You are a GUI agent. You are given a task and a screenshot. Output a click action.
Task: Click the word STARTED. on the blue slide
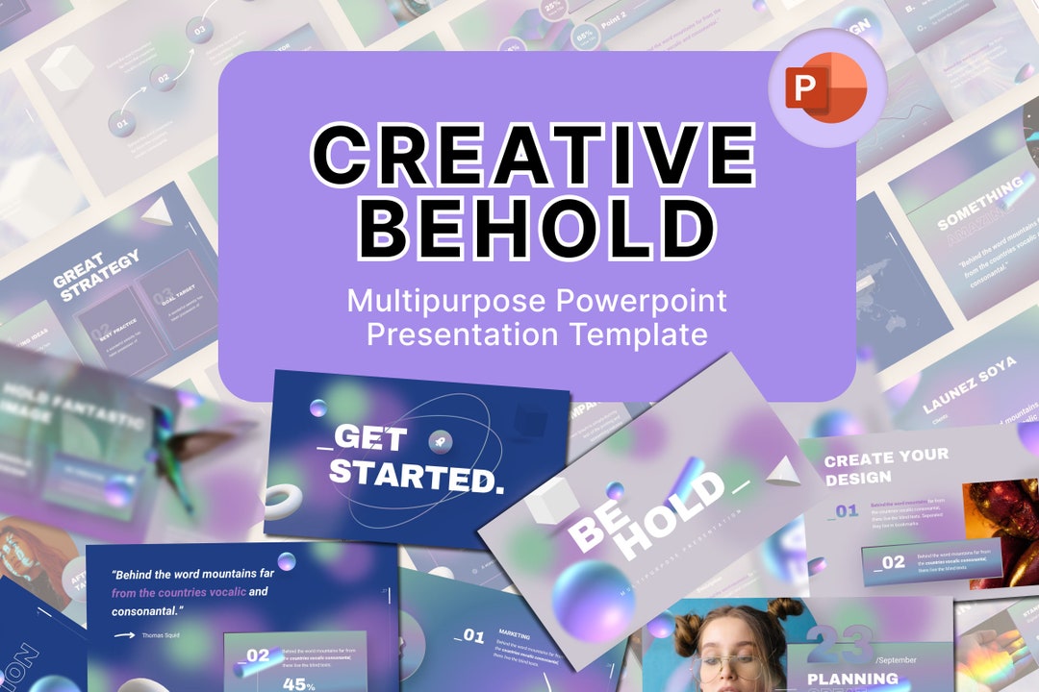tap(416, 473)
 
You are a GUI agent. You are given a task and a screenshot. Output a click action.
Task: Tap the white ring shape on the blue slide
tap(283, 501)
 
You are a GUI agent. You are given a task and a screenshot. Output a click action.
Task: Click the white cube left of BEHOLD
tap(552, 501)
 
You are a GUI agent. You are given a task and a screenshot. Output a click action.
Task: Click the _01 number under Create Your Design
tap(844, 510)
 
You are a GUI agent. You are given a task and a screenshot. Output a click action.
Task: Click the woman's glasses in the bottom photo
tap(731, 665)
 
